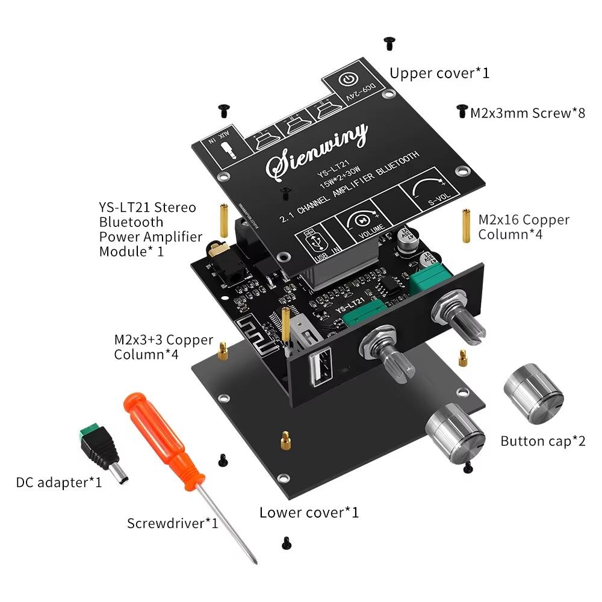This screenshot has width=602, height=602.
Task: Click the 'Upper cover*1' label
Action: point(439,73)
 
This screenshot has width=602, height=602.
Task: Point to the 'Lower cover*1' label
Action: point(309,512)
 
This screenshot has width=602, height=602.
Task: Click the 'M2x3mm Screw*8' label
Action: point(527,113)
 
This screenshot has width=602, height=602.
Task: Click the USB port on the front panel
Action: point(318,368)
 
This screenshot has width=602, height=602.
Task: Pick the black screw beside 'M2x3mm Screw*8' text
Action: point(462,110)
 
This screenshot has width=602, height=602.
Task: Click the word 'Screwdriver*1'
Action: point(172,523)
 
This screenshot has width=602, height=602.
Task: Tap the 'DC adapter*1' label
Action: point(58,482)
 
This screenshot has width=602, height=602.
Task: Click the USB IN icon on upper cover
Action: point(315,243)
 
